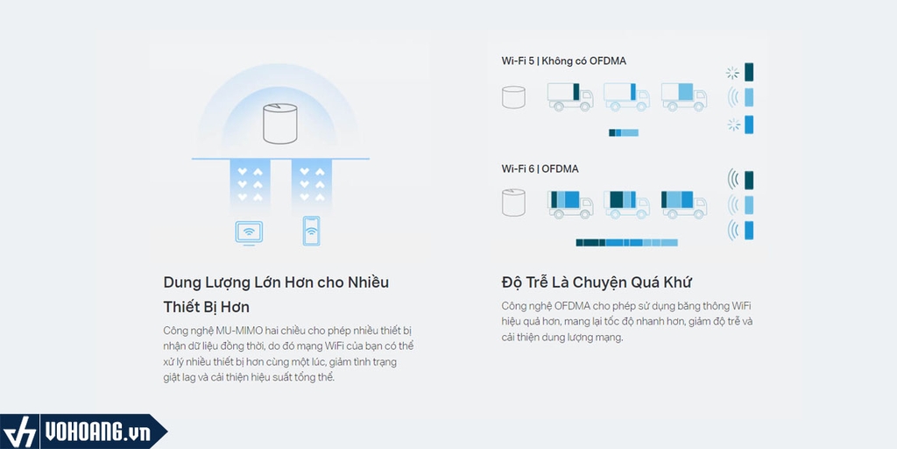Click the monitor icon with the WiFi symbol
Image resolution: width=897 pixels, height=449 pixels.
pyautogui.click(x=250, y=232)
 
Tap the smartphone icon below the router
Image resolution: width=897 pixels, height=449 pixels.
pyautogui.click(x=311, y=230)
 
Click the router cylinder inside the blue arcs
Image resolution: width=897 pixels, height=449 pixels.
pyautogui.click(x=281, y=124)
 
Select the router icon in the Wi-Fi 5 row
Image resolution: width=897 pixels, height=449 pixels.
pyautogui.click(x=513, y=96)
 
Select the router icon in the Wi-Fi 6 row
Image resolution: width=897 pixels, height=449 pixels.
pyautogui.click(x=513, y=203)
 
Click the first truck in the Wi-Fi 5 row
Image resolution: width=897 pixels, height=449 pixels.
pyautogui.click(x=569, y=96)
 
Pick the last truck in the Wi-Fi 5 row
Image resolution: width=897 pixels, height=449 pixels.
pyautogui.click(x=683, y=96)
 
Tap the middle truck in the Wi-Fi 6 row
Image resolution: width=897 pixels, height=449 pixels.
pyautogui.click(x=626, y=203)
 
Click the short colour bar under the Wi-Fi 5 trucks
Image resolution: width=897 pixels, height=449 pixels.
pyautogui.click(x=624, y=132)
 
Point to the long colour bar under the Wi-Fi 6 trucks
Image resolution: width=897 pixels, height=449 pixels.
pyautogui.click(x=626, y=242)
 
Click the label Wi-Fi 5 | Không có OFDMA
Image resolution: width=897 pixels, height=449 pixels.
pyautogui.click(x=563, y=61)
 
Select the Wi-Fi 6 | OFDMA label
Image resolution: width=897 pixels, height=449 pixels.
pyautogui.click(x=540, y=168)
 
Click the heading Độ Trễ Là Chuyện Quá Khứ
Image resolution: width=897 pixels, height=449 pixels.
pyautogui.click(x=597, y=282)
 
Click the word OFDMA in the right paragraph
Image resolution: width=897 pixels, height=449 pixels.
pyautogui.click(x=573, y=306)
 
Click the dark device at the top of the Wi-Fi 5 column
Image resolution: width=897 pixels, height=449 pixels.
pyautogui.click(x=749, y=72)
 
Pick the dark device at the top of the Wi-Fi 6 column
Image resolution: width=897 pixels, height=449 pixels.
pyautogui.click(x=749, y=180)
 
